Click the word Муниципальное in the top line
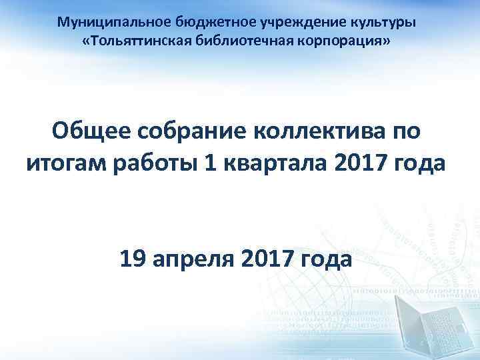(108, 22)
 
